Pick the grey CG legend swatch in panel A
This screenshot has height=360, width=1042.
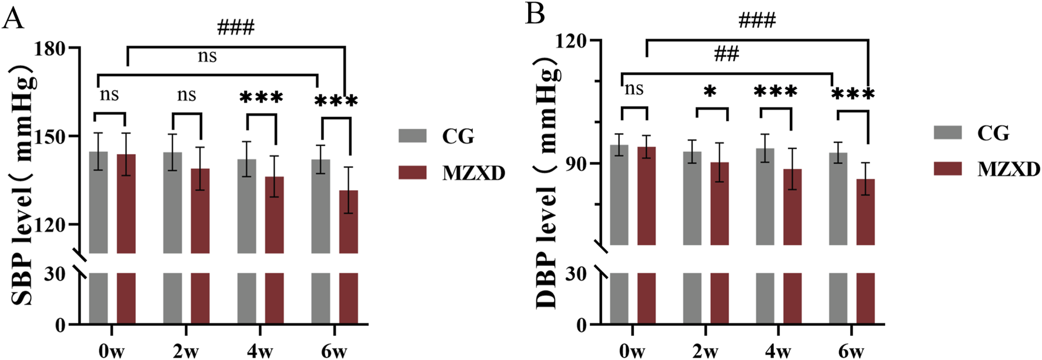(412, 136)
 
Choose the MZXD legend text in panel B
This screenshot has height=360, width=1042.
(1008, 169)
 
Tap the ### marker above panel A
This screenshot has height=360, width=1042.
(235, 27)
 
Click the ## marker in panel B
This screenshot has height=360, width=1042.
(726, 54)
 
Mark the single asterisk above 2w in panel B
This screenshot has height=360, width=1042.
(710, 92)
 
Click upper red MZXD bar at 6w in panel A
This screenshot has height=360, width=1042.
(349, 221)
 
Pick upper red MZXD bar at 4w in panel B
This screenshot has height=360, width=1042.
(792, 206)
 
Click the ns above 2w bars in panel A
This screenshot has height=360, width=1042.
(186, 95)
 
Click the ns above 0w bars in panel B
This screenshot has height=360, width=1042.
(633, 89)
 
